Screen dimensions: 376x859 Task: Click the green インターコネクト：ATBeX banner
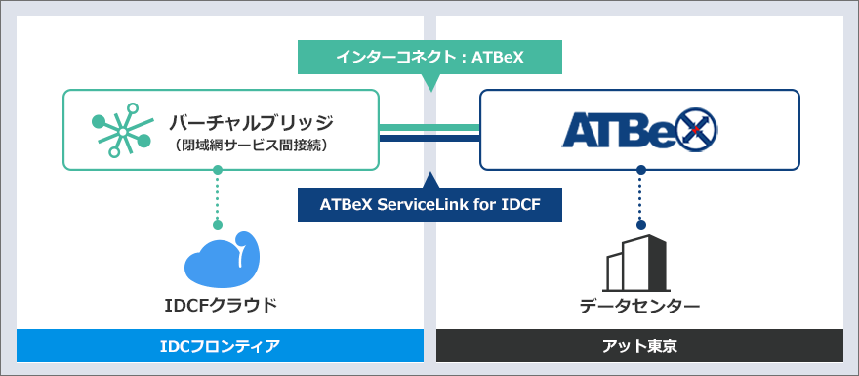[429, 57]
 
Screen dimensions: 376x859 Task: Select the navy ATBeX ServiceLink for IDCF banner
[429, 205]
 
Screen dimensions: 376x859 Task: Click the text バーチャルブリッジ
[252, 122]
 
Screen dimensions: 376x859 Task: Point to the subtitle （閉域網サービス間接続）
[252, 146]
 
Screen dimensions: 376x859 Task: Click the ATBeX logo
[639, 129]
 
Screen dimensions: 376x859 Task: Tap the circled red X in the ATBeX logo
[694, 129]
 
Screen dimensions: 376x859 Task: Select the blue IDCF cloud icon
[222, 259]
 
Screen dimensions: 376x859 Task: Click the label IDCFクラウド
[222, 305]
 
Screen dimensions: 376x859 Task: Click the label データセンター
[639, 306]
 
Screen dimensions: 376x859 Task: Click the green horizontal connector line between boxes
[429, 127]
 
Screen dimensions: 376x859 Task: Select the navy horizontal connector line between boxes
[429, 138]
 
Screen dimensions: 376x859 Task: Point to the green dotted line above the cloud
[218, 200]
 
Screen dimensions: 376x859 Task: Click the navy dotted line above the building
[640, 200]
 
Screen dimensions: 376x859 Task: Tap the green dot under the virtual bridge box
[218, 170]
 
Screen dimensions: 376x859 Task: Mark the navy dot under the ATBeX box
[640, 170]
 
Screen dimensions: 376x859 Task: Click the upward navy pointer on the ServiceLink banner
[429, 180]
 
